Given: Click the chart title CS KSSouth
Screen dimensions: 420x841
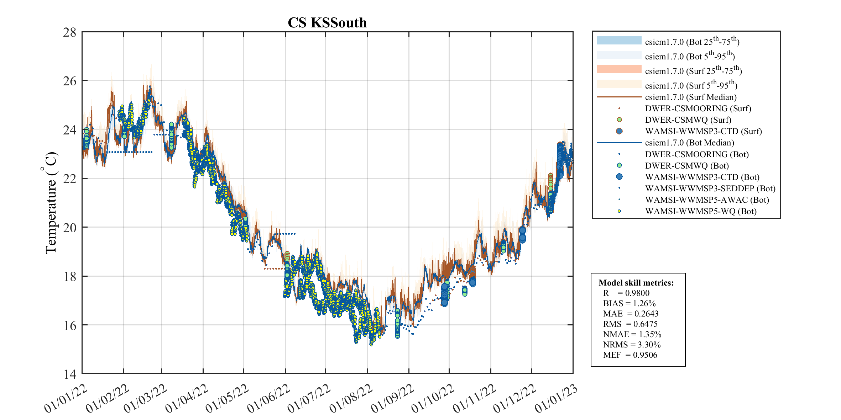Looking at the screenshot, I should (x=327, y=23).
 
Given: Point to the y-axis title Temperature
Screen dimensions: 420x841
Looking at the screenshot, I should (x=51, y=203).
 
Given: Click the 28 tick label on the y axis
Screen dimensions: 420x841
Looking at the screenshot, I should (x=70, y=33).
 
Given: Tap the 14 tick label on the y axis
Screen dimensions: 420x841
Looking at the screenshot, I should (x=70, y=374).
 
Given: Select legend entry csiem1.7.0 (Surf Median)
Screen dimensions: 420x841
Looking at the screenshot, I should (x=690, y=97).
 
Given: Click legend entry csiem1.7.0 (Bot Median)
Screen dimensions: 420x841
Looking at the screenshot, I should (x=689, y=143).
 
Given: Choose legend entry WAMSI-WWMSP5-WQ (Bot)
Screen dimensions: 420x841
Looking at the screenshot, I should (x=700, y=211).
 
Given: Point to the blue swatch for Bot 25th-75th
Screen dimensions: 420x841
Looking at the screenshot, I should (x=619, y=41).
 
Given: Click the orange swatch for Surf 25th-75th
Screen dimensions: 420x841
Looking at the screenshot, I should (x=619, y=69).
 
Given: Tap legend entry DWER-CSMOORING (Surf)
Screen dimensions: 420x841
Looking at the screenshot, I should (x=698, y=108).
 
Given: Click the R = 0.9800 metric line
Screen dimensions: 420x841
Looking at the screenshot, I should (x=626, y=293).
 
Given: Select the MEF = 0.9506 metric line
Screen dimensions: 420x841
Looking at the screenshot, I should (x=630, y=355).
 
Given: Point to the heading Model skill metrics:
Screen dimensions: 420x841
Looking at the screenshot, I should (x=636, y=283).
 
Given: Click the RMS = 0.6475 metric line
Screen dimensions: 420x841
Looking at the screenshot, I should (x=630, y=324).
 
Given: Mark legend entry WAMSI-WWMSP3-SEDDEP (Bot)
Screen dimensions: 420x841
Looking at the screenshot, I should (x=710, y=188).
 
